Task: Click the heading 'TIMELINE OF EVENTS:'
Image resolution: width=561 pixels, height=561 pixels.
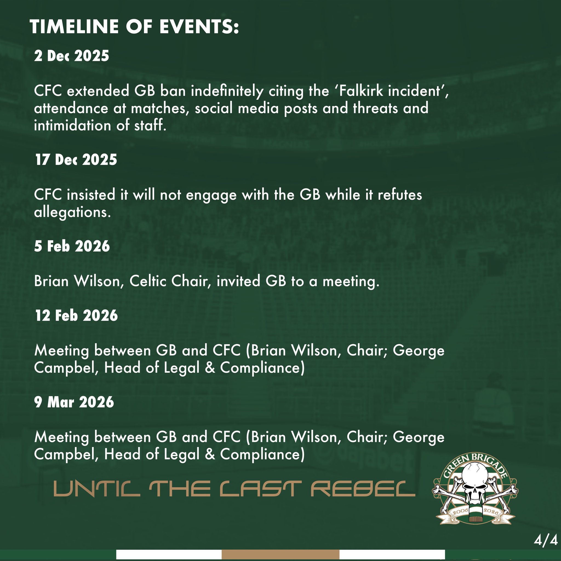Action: tap(134, 27)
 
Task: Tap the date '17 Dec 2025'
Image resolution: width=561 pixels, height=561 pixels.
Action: tap(76, 159)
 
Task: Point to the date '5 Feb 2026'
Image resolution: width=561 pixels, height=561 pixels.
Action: tap(72, 246)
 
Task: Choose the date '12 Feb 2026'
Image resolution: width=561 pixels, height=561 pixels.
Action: tap(76, 315)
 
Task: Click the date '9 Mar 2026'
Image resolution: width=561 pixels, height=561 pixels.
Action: tap(74, 402)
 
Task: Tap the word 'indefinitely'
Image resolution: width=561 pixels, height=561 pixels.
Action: tap(227, 91)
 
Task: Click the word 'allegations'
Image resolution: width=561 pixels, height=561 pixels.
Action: tap(72, 212)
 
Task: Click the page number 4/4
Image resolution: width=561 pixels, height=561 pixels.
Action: tap(546, 540)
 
